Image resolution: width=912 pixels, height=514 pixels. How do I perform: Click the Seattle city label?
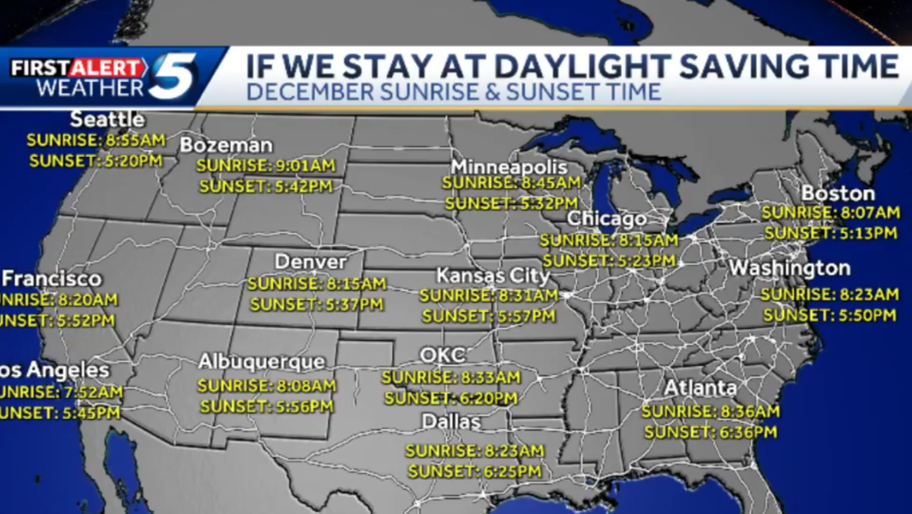(107, 120)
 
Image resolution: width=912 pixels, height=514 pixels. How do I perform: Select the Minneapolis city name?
(508, 167)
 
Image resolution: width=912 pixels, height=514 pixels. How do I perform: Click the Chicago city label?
(606, 219)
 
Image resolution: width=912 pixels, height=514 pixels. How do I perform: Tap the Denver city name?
(310, 262)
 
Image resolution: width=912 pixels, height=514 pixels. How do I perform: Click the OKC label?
(442, 355)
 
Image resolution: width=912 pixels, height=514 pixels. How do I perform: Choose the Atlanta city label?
(700, 388)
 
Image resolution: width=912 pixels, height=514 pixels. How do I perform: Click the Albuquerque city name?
(261, 362)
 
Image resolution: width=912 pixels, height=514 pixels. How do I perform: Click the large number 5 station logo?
(173, 76)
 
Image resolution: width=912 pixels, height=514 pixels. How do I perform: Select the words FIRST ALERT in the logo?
(78, 68)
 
